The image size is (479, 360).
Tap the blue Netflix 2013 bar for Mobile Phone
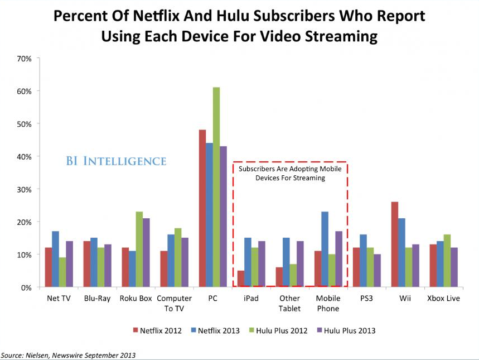pos(325,249)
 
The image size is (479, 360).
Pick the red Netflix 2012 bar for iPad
pos(240,279)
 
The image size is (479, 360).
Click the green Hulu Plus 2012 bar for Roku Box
pos(139,249)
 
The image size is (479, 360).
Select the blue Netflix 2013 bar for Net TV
pos(56,259)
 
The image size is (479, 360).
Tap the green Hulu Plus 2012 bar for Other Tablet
pos(293,275)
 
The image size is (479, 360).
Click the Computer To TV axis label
pos(175,303)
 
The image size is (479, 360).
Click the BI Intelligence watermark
pos(116,161)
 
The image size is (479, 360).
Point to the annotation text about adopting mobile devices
pos(289,173)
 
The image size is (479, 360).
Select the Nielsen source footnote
pos(68,354)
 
